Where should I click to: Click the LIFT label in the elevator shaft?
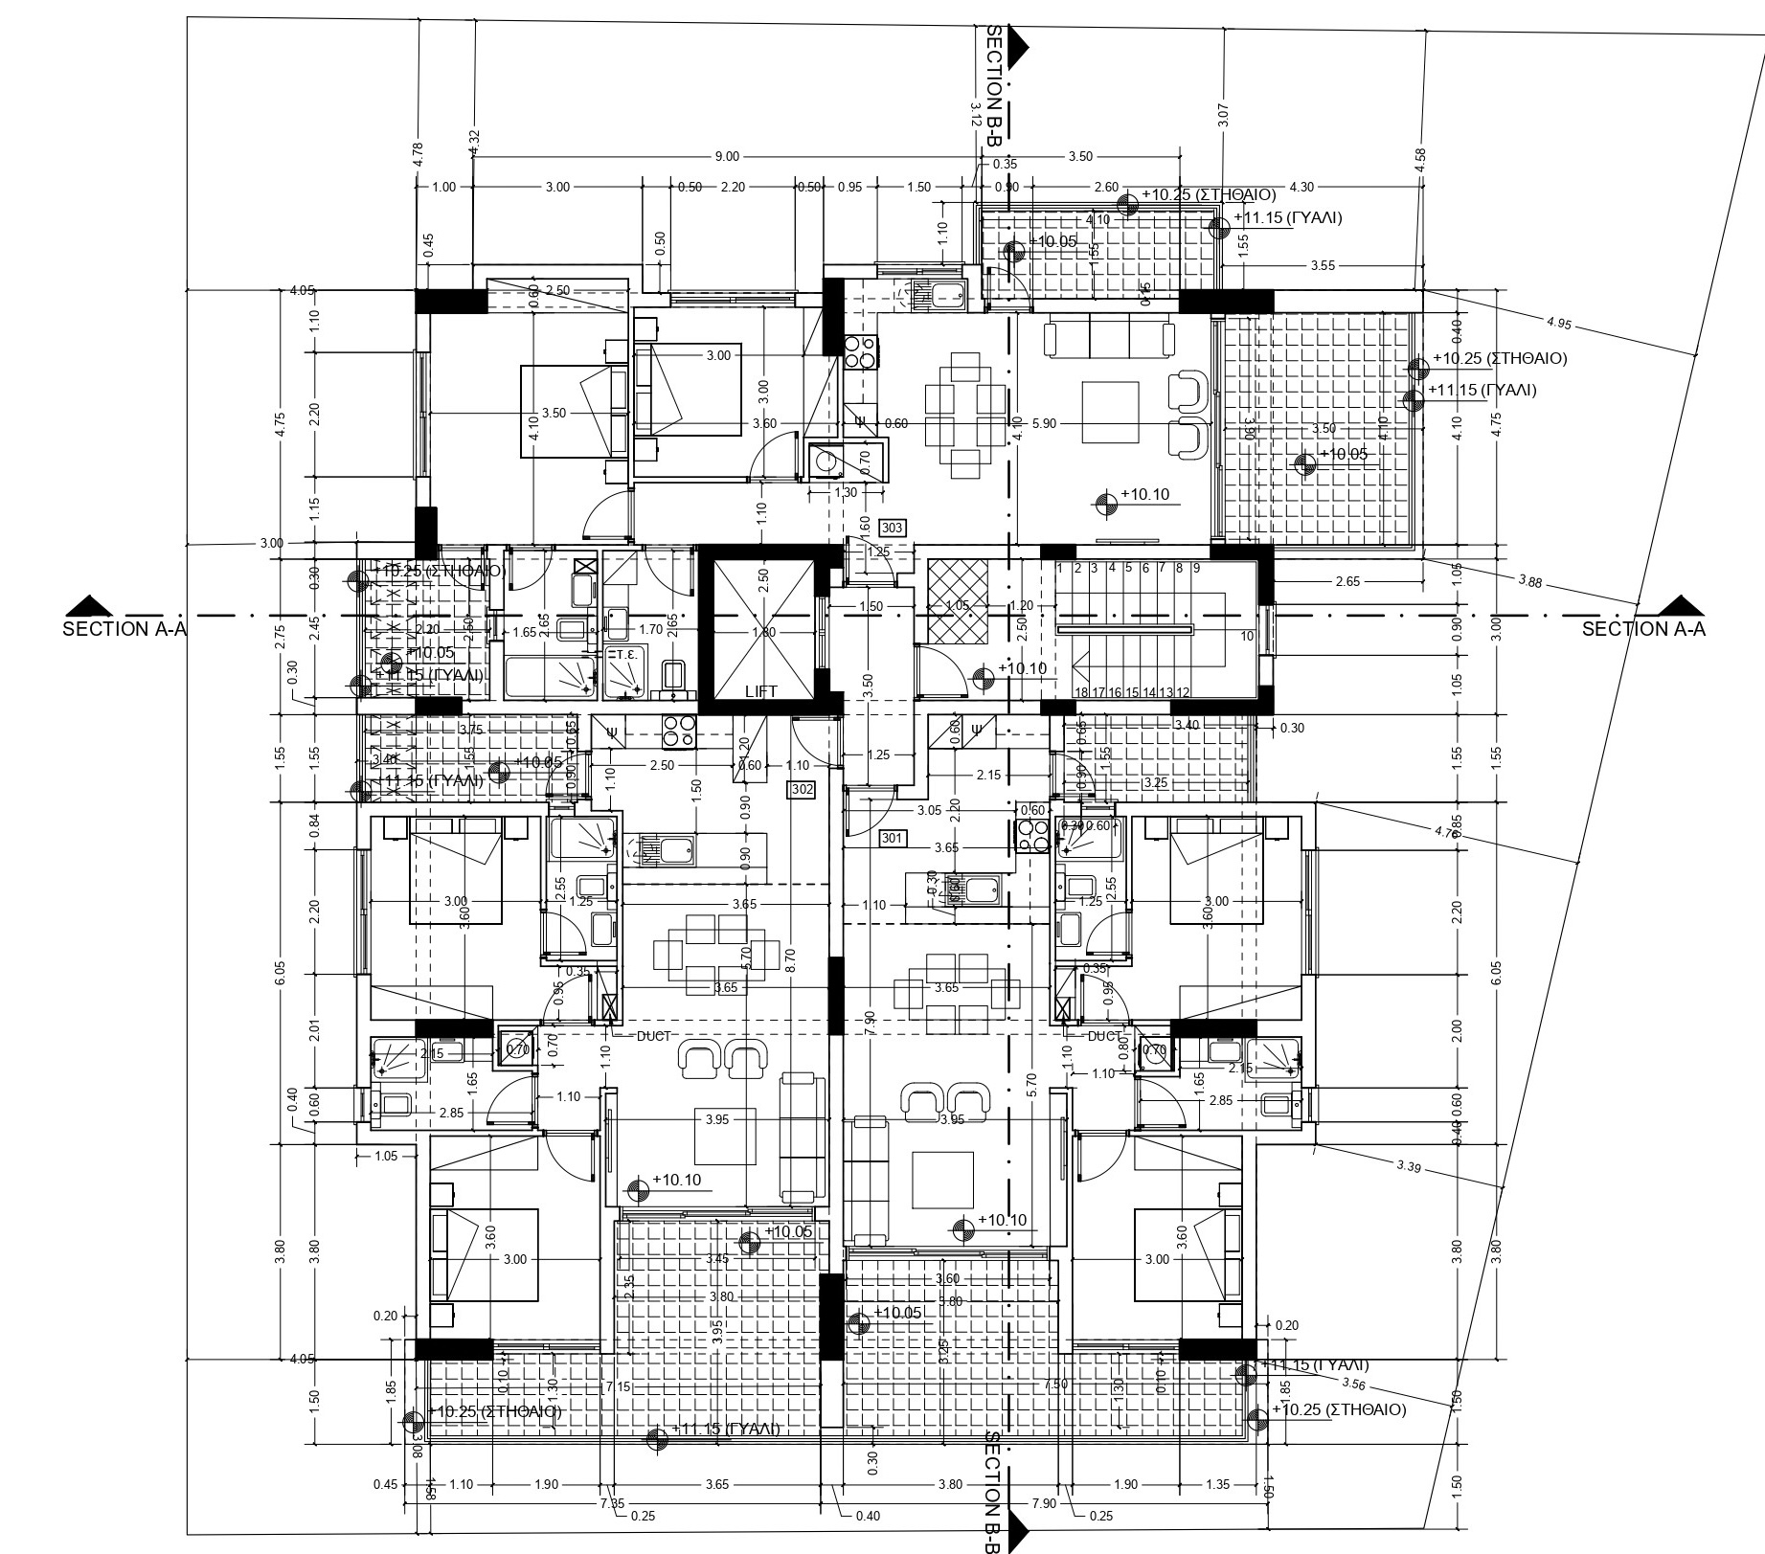(761, 690)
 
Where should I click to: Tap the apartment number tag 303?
(892, 528)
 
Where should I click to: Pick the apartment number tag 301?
(892, 839)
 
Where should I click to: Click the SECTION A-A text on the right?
(1643, 629)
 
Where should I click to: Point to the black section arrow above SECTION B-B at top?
(1018, 44)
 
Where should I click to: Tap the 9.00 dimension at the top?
(727, 156)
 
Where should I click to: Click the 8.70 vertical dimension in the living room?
(787, 955)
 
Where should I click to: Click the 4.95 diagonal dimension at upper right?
(1558, 324)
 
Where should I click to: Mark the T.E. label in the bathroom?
(628, 654)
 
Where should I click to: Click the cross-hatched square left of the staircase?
(957, 600)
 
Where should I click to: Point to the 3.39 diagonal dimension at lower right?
(1409, 1166)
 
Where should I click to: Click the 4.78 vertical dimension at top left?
(418, 156)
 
